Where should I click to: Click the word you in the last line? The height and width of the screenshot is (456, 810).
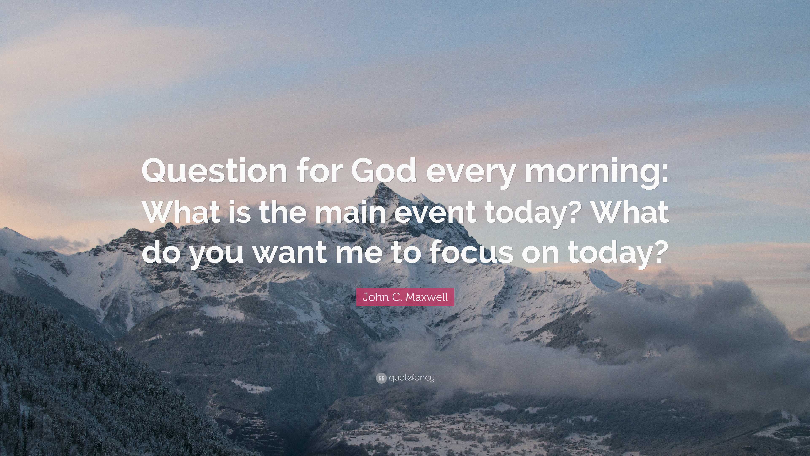[217, 255]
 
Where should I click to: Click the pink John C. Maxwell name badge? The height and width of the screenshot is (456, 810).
[405, 297]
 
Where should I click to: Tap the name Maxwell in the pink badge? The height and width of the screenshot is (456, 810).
[427, 297]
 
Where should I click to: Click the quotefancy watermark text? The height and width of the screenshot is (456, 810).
[411, 378]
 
